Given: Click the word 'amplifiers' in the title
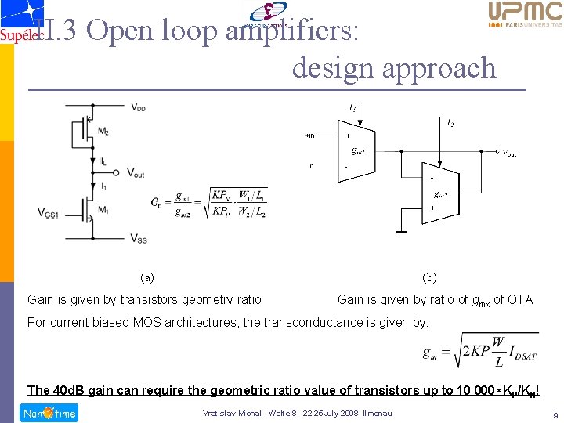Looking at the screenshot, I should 292,31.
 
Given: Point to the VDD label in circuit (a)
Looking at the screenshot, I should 137,107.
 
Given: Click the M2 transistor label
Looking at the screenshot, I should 103,132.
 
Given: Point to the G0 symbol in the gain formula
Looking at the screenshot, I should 157,203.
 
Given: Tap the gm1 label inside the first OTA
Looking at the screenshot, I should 358,150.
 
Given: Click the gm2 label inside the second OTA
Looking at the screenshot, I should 440,194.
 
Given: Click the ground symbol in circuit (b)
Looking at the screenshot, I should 401,232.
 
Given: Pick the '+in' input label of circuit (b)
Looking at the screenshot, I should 309,136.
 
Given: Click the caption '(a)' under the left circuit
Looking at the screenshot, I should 146,277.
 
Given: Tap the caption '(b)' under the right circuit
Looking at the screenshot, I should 429,277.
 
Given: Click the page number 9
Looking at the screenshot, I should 554,414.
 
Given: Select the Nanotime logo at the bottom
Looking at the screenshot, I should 48,413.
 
